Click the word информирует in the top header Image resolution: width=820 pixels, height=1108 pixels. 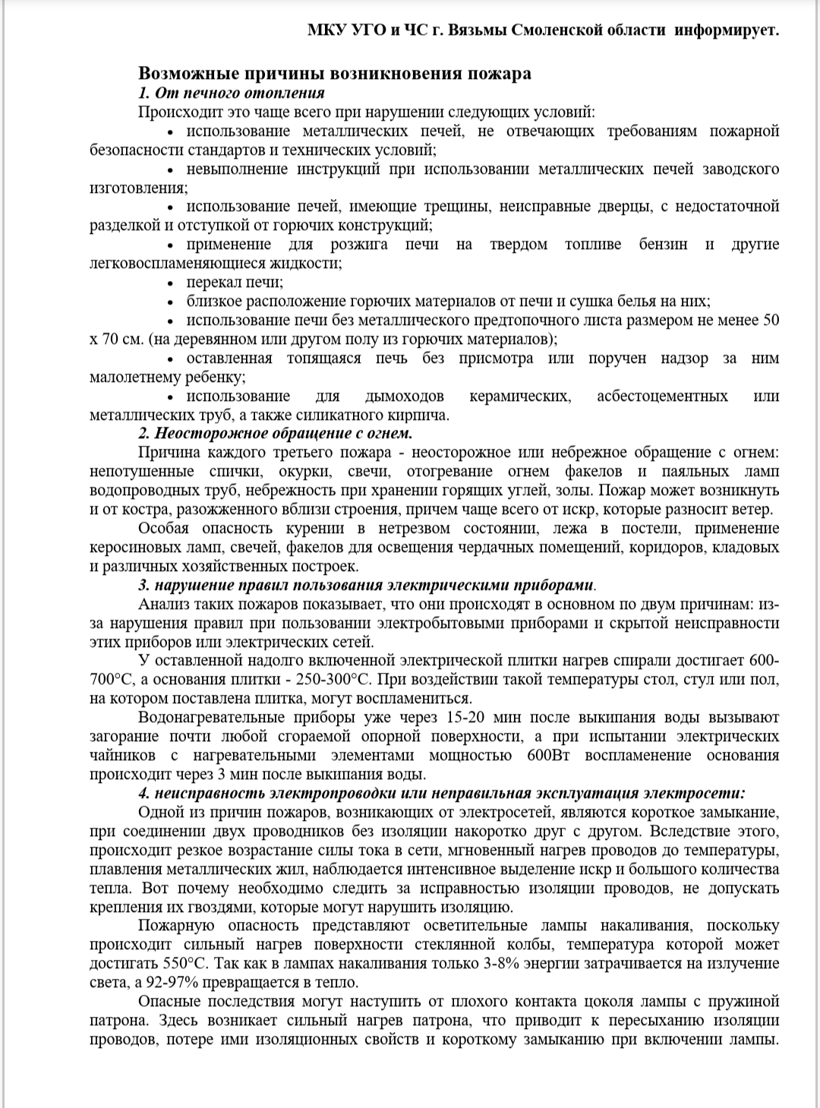[727, 30]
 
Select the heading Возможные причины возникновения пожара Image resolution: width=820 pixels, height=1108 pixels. [334, 73]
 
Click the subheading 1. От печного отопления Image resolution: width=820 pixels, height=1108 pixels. [232, 93]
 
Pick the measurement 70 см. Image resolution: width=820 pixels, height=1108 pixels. [116, 339]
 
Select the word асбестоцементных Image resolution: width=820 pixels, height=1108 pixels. [662, 396]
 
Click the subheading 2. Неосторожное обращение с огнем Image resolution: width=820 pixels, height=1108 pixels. [275, 433]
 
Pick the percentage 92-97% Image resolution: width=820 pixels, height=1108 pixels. [159, 982]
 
